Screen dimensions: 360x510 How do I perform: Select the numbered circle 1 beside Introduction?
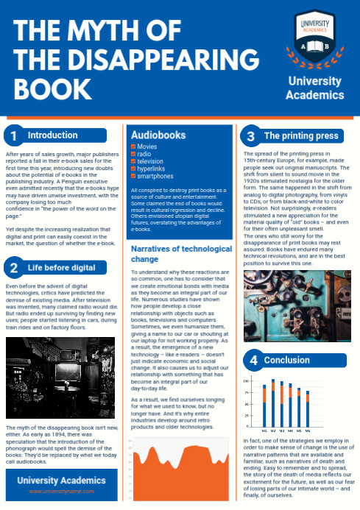(13, 135)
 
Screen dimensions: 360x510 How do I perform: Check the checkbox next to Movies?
(133, 147)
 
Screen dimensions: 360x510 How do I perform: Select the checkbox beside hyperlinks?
(133, 169)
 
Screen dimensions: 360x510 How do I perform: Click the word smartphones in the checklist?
(155, 177)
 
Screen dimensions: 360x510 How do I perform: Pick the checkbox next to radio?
(133, 155)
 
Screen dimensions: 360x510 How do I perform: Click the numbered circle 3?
(251, 136)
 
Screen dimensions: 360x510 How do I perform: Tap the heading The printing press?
(300, 136)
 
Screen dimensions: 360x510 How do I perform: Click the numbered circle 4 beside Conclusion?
(253, 361)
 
